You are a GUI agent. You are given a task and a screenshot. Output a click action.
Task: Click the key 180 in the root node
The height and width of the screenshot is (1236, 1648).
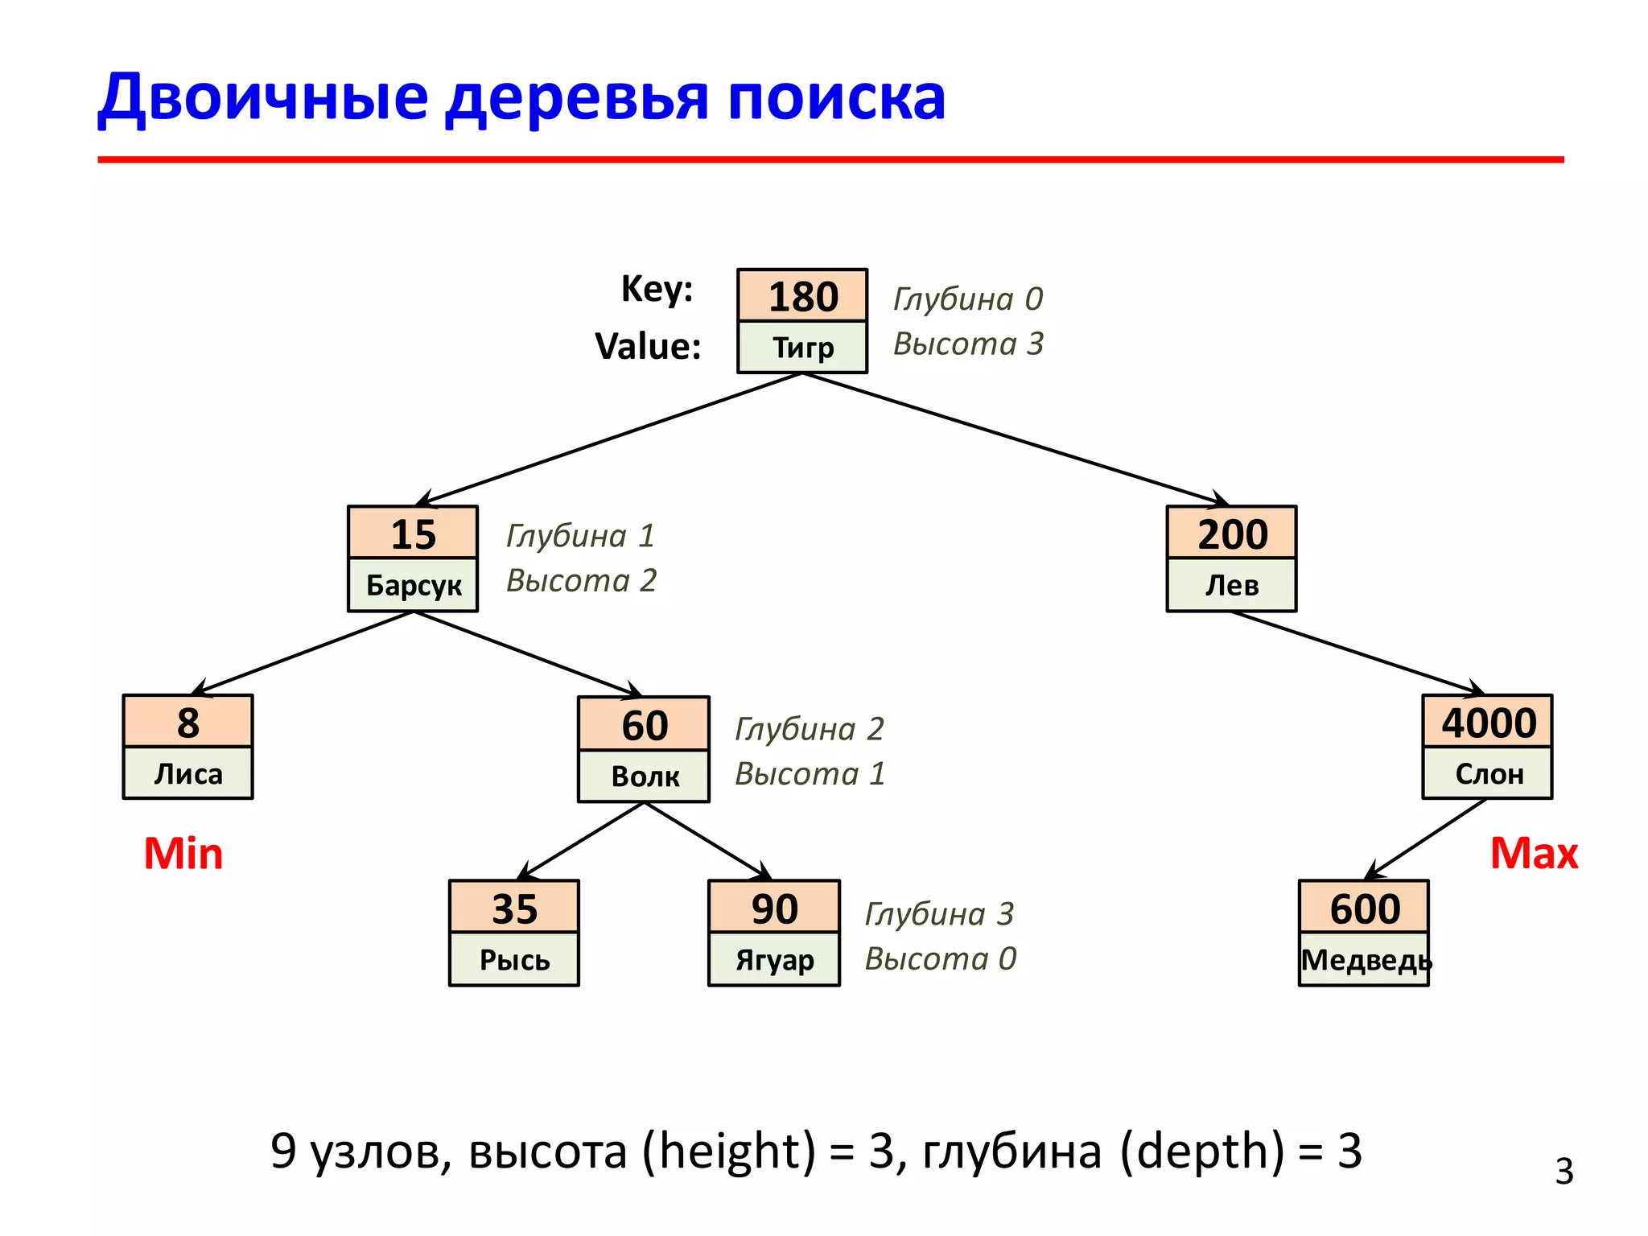(x=802, y=296)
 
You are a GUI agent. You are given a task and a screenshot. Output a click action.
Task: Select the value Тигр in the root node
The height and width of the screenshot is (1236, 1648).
(x=802, y=348)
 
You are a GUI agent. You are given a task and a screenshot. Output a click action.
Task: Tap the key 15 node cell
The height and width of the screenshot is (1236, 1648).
(x=413, y=534)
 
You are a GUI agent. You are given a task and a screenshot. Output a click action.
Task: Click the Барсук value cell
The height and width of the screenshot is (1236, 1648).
(x=413, y=585)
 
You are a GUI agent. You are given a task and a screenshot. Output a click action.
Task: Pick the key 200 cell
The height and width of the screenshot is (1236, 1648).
(x=1231, y=534)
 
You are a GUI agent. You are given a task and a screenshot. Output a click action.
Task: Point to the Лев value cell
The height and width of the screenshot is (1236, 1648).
(x=1231, y=585)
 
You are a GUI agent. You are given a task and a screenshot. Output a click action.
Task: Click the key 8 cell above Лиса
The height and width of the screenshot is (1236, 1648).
(x=187, y=722)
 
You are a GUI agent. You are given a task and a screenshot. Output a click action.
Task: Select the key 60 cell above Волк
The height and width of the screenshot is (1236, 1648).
(x=644, y=724)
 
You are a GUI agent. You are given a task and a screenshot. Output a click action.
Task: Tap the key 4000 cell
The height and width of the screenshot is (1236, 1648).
(x=1488, y=722)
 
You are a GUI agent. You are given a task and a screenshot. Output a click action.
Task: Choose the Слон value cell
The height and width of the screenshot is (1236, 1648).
(x=1488, y=773)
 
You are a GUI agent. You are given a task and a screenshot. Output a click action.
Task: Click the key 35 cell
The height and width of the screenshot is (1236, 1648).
(x=514, y=908)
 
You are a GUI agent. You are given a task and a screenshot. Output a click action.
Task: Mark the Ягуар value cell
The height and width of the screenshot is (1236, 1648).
(x=774, y=960)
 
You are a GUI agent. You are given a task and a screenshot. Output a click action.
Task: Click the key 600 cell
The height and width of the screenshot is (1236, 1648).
(x=1364, y=908)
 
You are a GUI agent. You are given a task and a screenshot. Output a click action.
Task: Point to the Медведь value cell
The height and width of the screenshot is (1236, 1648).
(x=1365, y=960)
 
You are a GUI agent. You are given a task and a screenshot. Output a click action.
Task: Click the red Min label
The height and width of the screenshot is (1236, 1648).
(x=183, y=853)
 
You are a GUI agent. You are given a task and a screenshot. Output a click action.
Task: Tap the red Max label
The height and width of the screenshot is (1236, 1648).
(x=1534, y=853)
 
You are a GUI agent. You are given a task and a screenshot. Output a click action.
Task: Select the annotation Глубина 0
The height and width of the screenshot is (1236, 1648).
(x=968, y=299)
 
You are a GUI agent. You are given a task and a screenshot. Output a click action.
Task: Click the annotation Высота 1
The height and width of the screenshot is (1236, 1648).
(x=810, y=774)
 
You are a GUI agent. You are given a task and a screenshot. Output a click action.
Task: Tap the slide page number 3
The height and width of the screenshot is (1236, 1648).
(x=1564, y=1172)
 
